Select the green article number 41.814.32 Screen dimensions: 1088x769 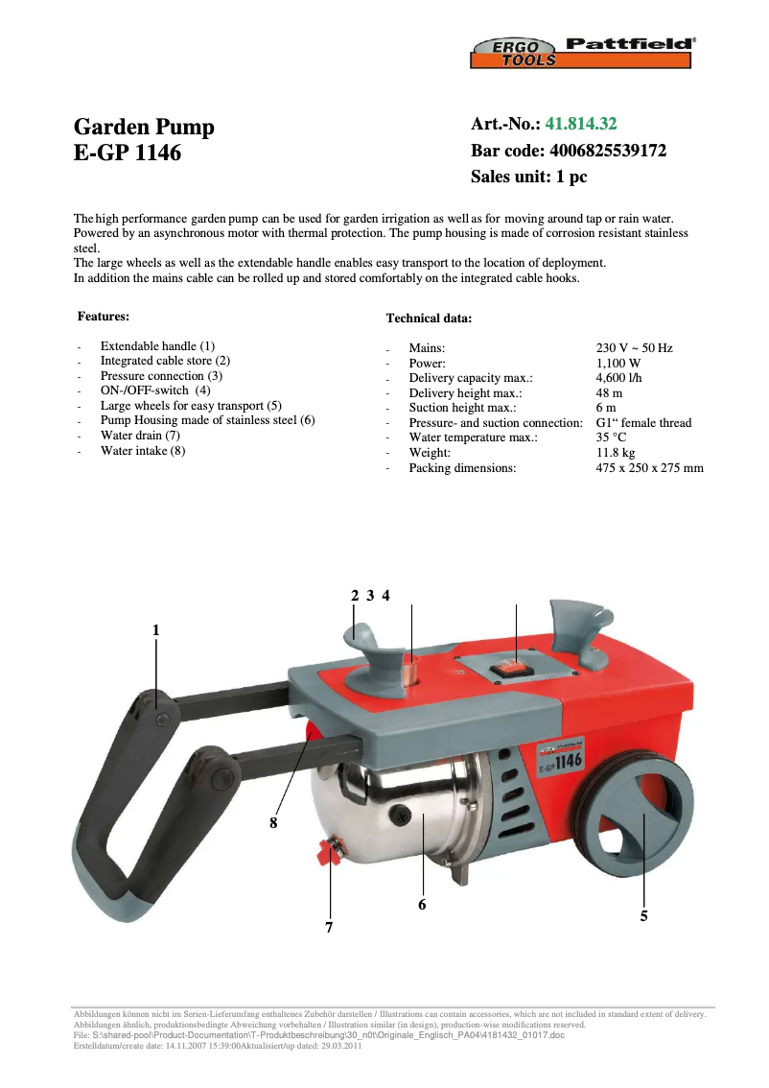[581, 124]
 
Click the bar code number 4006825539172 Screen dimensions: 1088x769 [607, 151]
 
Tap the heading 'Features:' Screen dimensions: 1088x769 [103, 316]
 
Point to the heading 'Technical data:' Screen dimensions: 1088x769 [428, 318]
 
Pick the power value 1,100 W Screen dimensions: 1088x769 [618, 364]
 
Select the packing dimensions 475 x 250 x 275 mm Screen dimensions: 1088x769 [649, 468]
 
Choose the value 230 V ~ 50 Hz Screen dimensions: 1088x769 [634, 348]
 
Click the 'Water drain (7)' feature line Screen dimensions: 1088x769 [140, 436]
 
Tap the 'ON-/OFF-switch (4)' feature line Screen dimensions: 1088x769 [155, 390]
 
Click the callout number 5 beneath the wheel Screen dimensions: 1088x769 [643, 916]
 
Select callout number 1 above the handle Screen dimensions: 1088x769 [155, 630]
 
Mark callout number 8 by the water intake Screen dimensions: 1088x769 [273, 822]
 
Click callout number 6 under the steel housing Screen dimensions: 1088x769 [422, 904]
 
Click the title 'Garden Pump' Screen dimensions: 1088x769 [144, 128]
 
